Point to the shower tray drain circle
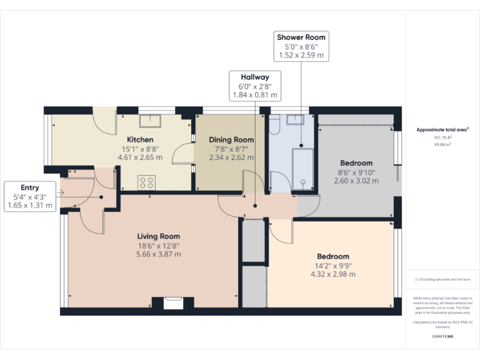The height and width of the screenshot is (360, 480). tap(302, 182)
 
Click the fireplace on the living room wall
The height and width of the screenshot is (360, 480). tap(173, 303)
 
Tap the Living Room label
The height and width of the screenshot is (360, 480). tap(159, 236)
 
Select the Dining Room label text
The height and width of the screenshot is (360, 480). tap(231, 139)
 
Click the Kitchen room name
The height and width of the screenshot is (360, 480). tap(140, 139)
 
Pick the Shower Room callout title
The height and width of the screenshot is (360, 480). tap(301, 37)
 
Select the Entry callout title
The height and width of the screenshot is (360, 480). tap(30, 187)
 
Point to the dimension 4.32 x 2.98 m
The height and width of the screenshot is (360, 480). tap(332, 274)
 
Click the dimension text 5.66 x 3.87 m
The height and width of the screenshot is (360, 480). tap(159, 254)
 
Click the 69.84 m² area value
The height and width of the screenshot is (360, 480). tap(442, 144)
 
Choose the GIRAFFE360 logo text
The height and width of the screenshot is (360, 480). tap(442, 336)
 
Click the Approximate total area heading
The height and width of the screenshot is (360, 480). tap(442, 130)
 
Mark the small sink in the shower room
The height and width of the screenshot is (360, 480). tap(296, 119)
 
